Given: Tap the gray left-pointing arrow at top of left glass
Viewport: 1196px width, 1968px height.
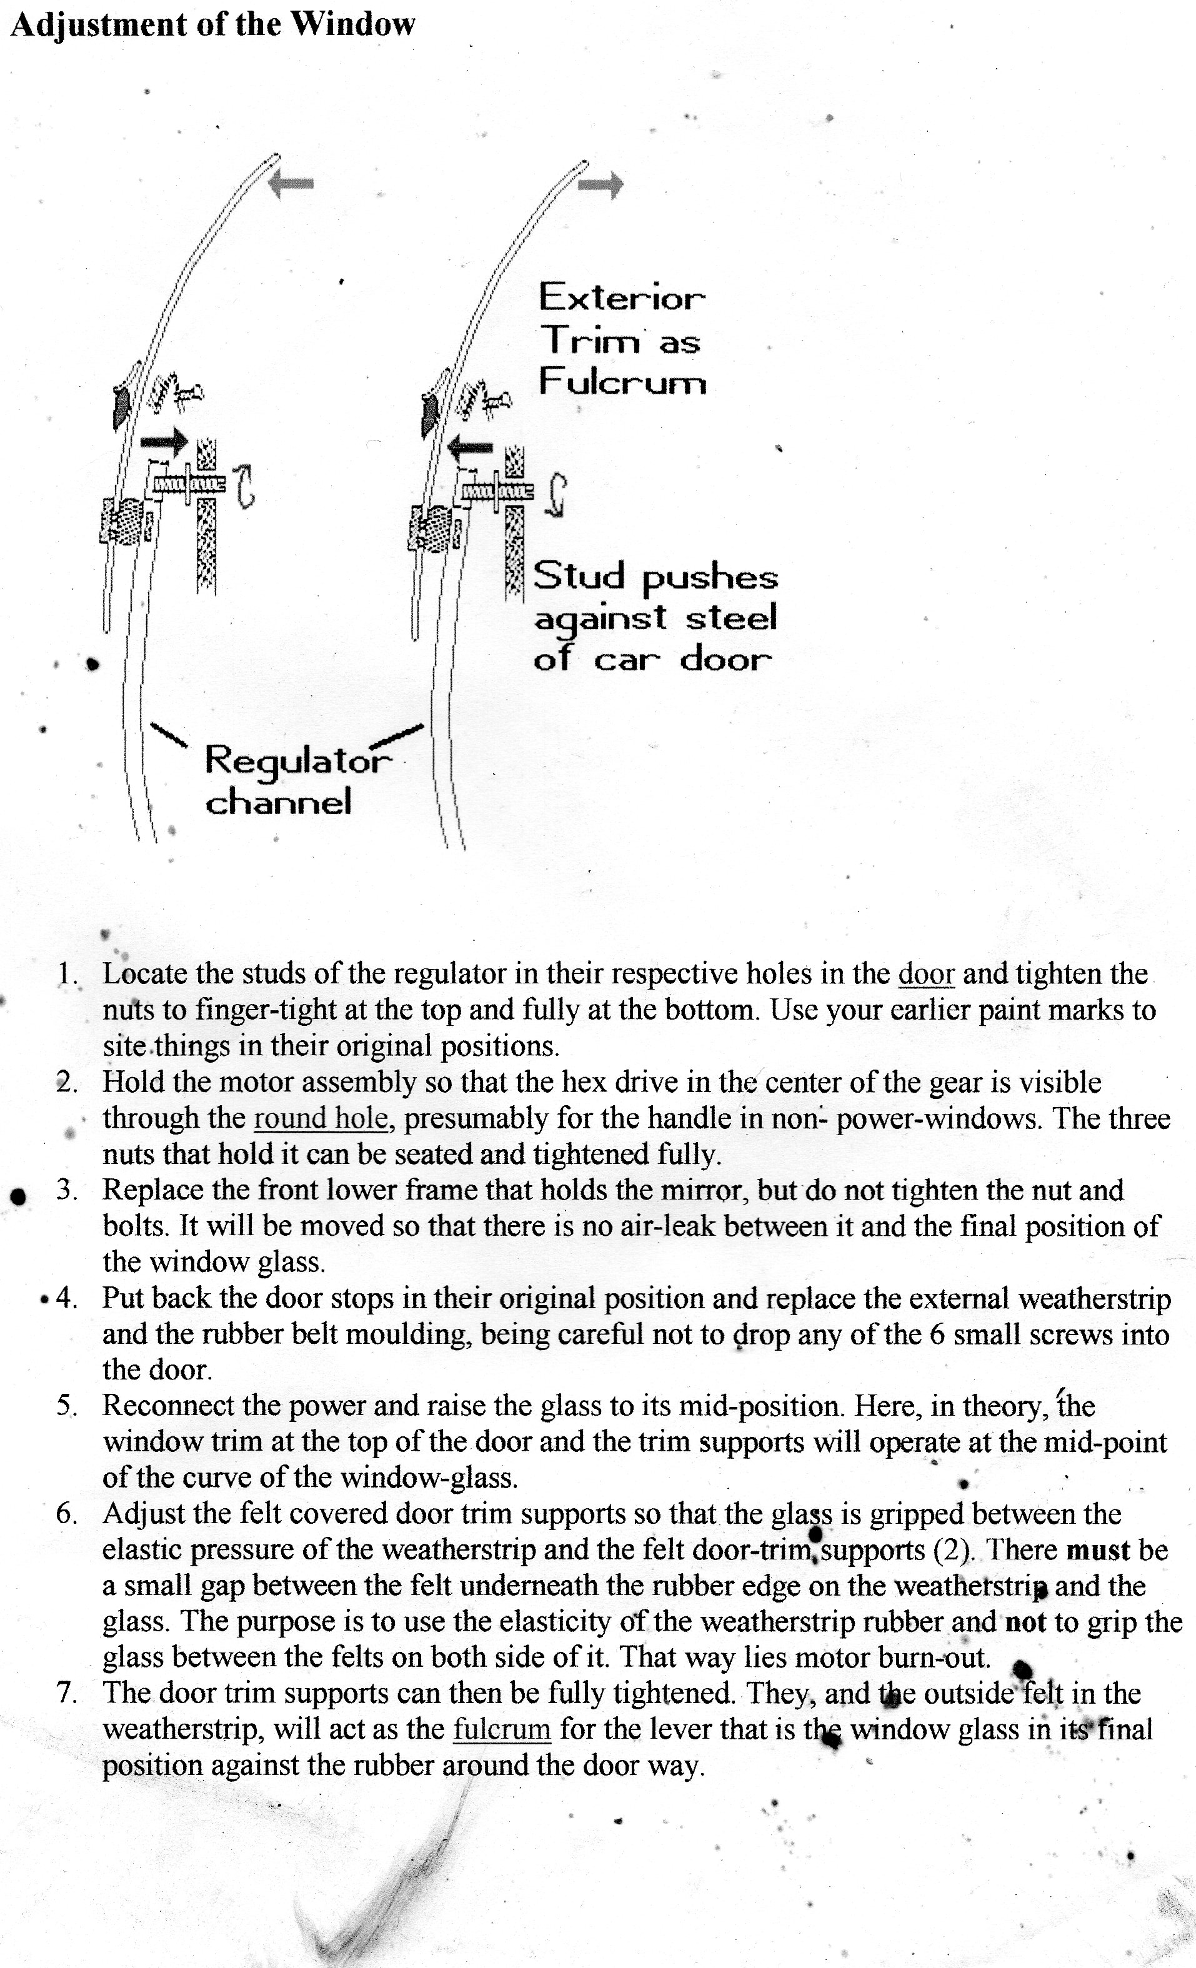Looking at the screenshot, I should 290,183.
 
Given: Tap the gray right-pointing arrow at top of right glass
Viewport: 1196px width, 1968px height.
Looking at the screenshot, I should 600,186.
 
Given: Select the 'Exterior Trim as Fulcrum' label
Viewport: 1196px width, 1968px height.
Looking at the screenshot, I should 622,339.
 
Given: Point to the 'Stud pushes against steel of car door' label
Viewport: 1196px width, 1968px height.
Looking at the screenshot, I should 654,617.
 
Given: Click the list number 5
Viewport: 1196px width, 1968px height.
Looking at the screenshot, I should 66,1406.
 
